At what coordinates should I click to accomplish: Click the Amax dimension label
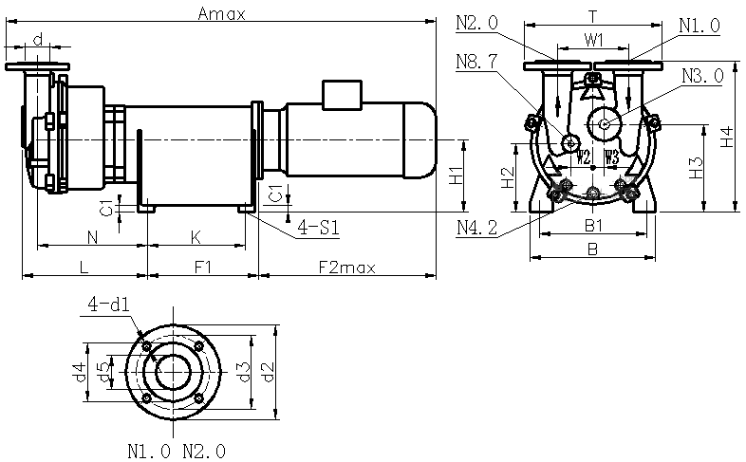[x=222, y=13]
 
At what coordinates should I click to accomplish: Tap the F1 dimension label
[x=202, y=268]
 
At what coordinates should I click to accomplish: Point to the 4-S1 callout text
[x=319, y=228]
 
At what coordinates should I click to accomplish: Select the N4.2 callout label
[x=476, y=228]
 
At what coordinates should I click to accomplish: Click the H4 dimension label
[x=726, y=137]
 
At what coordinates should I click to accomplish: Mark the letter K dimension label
[x=196, y=235]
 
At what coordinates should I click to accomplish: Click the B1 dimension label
[x=594, y=225]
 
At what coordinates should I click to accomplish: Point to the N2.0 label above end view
[x=476, y=23]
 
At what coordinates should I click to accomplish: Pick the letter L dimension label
[x=84, y=268]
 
